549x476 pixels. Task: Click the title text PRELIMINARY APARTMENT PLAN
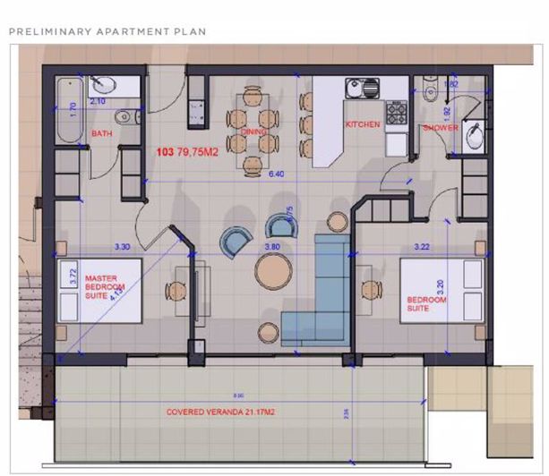tap(107, 31)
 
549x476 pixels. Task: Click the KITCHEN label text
tap(363, 124)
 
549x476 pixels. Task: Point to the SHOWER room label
tap(441, 128)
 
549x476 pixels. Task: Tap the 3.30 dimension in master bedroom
tap(122, 245)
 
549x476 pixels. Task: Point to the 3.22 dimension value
tap(423, 244)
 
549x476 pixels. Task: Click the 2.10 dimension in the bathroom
tap(99, 101)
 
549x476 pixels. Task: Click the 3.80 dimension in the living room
tap(273, 245)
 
